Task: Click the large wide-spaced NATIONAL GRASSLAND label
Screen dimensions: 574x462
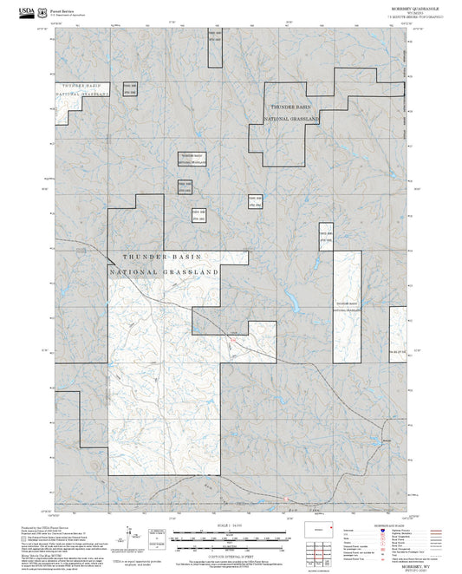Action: pyautogui.click(x=165, y=272)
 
